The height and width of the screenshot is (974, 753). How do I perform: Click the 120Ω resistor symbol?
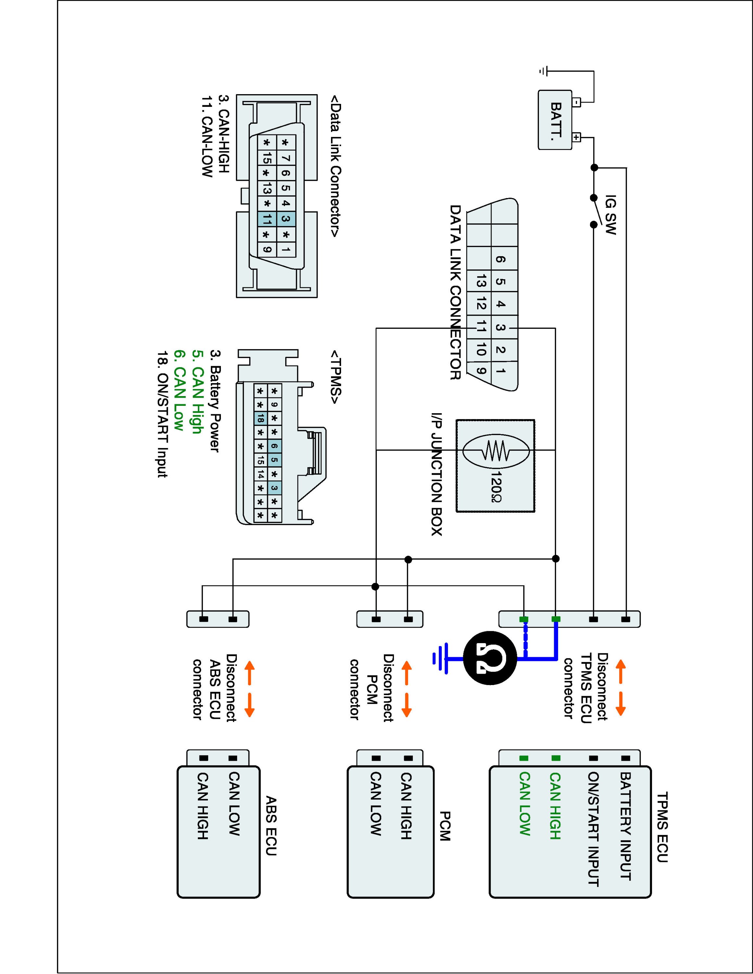[495, 450]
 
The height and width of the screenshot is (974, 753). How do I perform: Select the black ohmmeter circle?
[490, 658]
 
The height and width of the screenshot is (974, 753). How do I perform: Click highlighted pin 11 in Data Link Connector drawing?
[267, 219]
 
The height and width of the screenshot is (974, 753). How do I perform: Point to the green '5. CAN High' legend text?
[198, 392]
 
